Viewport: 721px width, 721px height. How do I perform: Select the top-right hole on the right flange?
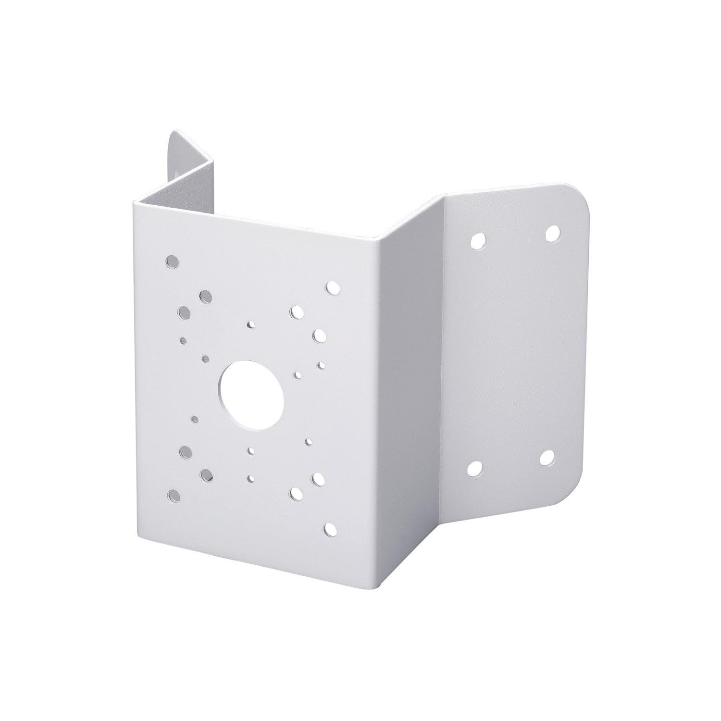[x=553, y=234]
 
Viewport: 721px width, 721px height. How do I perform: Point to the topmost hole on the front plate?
[x=171, y=262]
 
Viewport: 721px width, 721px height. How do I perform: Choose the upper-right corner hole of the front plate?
[x=332, y=287]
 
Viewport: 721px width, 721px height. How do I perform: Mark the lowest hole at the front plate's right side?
[x=330, y=529]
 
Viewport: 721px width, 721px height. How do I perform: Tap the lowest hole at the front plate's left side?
[x=174, y=496]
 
